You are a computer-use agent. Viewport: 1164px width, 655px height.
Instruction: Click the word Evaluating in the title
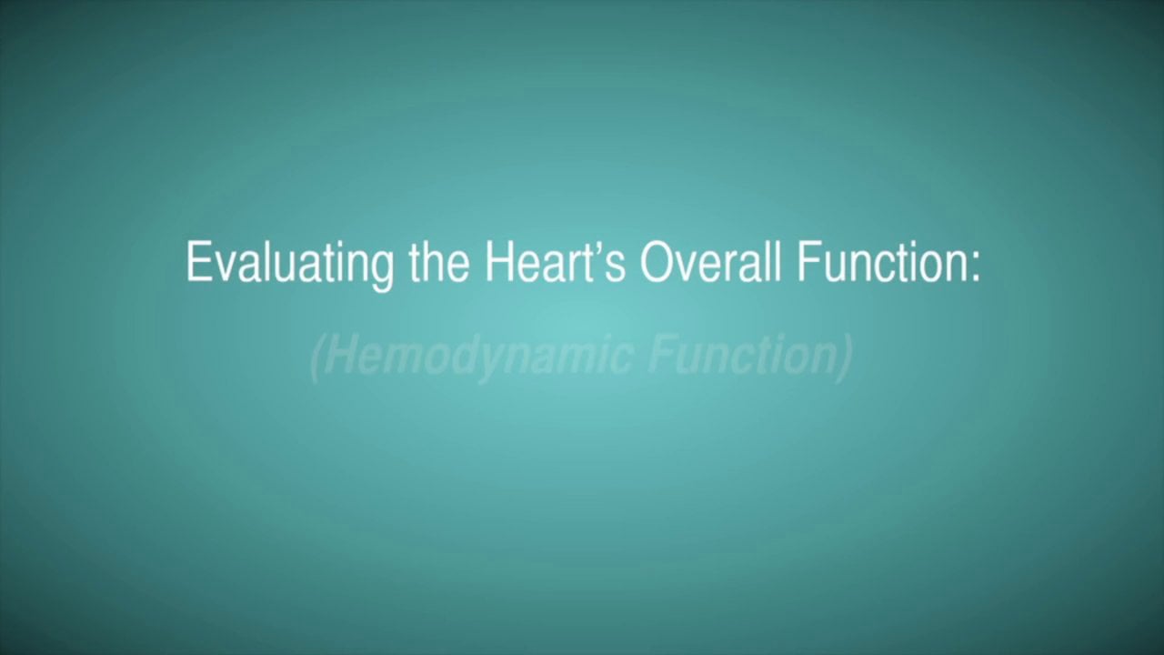(289, 263)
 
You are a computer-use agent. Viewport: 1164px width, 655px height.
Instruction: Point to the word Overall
(710, 262)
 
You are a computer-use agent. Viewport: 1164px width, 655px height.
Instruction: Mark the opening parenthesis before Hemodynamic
(316, 358)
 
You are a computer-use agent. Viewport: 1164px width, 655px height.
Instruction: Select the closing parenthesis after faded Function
(845, 358)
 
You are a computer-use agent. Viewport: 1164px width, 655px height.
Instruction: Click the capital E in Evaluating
(196, 262)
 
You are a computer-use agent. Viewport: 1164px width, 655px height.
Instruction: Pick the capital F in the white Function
(807, 262)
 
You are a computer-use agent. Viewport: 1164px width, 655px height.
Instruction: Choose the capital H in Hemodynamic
(336, 356)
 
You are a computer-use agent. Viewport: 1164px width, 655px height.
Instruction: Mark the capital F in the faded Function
(659, 356)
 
